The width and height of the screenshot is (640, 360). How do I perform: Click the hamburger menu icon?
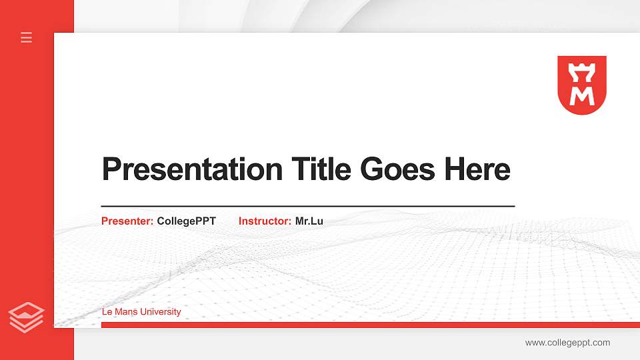pyautogui.click(x=27, y=37)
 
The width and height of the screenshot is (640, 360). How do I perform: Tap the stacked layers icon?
pyautogui.click(x=27, y=317)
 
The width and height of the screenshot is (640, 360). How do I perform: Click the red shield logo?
pyautogui.click(x=582, y=85)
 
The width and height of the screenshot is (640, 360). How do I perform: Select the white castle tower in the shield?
pyautogui.click(x=582, y=70)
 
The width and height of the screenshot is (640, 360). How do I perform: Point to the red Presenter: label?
pyautogui.click(x=127, y=221)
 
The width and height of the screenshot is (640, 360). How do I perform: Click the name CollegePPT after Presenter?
pyautogui.click(x=187, y=221)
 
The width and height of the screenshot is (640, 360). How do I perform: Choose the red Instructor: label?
pyautogui.click(x=265, y=221)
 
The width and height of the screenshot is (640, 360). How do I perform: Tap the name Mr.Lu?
pyautogui.click(x=309, y=221)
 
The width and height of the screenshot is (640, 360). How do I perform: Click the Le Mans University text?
pyautogui.click(x=141, y=312)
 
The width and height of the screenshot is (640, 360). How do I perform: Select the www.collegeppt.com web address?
pyautogui.click(x=567, y=343)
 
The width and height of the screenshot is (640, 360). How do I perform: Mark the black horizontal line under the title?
pyautogui.click(x=308, y=207)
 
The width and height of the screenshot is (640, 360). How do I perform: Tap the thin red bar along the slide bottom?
pyautogui.click(x=370, y=325)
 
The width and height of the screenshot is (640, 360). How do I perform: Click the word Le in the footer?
pyautogui.click(x=107, y=312)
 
